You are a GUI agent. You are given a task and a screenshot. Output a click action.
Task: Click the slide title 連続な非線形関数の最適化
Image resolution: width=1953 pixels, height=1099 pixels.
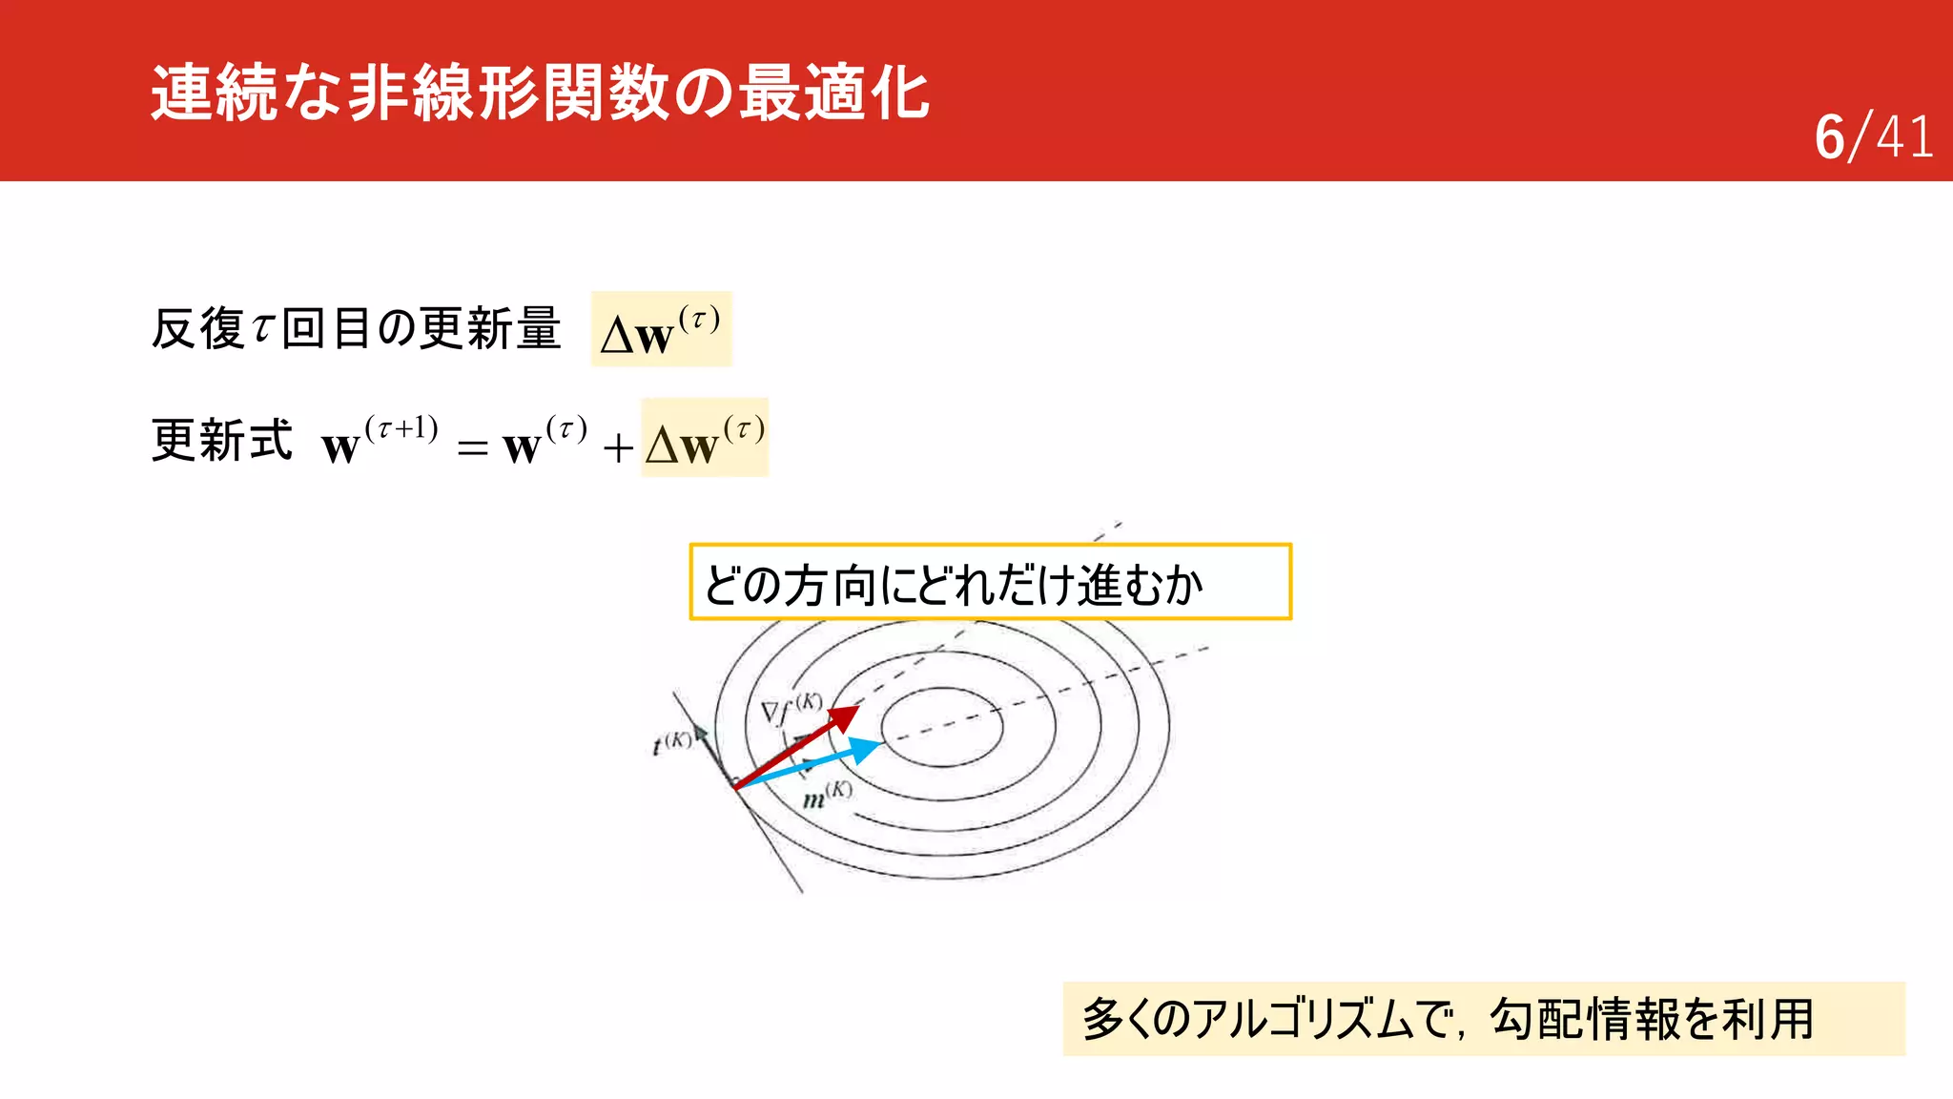(540, 93)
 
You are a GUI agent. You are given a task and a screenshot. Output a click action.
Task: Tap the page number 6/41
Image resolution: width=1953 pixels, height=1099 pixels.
(1873, 137)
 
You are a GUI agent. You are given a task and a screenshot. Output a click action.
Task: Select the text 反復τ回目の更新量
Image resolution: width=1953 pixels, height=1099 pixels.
(356, 329)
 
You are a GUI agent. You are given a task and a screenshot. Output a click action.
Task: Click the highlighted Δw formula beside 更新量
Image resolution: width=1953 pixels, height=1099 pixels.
(661, 329)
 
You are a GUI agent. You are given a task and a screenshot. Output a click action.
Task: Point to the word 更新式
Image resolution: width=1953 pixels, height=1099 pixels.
(222, 441)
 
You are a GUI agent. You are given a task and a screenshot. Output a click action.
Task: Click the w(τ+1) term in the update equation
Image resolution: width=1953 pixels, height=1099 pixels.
(380, 441)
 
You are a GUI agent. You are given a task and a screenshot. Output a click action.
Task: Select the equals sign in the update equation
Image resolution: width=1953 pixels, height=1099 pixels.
(472, 447)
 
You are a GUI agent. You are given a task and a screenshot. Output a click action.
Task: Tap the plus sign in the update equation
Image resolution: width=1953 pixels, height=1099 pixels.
(618, 447)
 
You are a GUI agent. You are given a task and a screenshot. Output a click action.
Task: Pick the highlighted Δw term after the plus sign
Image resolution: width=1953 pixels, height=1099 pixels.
(705, 439)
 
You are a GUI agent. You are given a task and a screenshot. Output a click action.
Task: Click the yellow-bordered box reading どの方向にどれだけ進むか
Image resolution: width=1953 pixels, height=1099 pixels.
(990, 582)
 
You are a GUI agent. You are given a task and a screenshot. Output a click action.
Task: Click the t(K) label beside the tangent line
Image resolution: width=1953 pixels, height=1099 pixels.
(672, 742)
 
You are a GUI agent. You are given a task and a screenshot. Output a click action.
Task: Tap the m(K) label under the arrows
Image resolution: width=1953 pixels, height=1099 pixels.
(827, 795)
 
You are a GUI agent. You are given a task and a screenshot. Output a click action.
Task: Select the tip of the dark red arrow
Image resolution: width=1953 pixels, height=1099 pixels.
(855, 709)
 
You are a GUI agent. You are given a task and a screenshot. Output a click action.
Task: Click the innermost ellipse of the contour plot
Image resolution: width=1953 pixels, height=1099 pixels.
(942, 727)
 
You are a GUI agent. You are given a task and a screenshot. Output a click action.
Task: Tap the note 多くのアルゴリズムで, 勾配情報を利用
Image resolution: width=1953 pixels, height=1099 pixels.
(1483, 1019)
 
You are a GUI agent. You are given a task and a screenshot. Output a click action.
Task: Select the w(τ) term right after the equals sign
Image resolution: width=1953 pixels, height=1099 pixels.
(545, 441)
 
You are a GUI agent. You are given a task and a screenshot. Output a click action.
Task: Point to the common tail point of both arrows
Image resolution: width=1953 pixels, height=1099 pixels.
(736, 788)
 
